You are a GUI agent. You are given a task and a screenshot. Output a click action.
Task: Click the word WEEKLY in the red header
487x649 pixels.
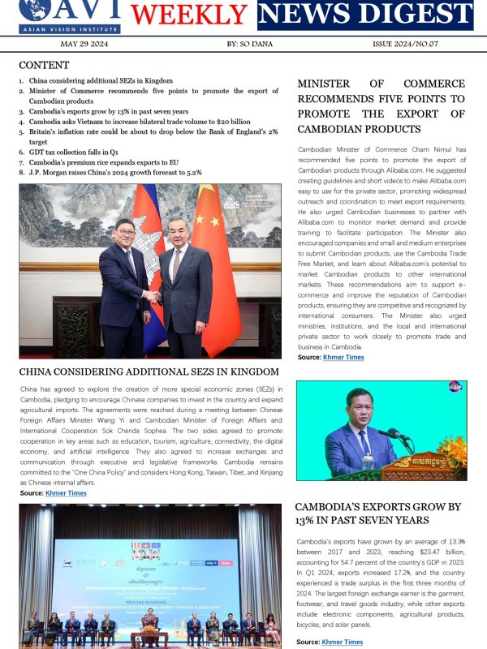(189, 15)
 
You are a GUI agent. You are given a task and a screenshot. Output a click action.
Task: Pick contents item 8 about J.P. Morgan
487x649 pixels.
(114, 172)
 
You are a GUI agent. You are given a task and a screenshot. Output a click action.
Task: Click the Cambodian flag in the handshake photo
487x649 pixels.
(150, 243)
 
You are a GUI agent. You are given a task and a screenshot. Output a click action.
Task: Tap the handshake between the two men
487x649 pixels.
(152, 297)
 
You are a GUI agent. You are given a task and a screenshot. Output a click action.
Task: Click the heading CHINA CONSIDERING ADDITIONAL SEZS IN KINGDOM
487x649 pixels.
(149, 372)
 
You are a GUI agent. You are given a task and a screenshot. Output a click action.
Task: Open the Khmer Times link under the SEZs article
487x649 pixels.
(66, 493)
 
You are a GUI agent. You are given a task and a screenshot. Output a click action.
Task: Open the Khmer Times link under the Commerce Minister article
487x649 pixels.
(343, 357)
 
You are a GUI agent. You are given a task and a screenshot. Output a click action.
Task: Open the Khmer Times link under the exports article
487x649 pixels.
(343, 642)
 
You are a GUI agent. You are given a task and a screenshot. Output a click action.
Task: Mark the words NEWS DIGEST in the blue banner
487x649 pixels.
(366, 15)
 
